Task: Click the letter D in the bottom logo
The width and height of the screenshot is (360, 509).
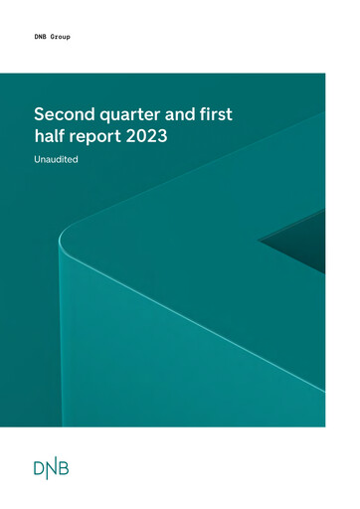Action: tap(39, 469)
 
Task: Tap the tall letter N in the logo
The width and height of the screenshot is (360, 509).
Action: tap(54, 468)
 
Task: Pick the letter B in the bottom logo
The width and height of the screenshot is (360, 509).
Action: tap(69, 469)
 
